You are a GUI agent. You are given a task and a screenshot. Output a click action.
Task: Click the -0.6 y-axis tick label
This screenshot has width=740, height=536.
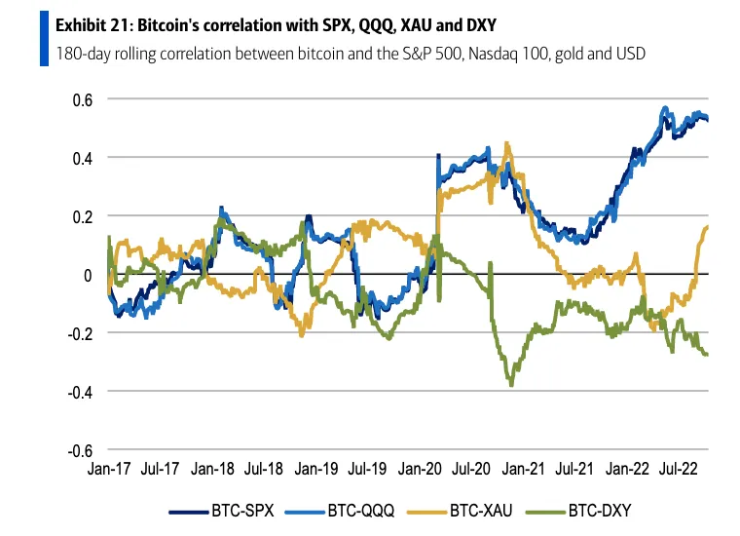pyautogui.click(x=78, y=451)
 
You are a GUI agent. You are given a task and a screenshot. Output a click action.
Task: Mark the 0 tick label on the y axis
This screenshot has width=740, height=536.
pyautogui.click(x=87, y=275)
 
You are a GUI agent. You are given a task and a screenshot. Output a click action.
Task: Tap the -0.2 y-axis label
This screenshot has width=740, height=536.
pyautogui.click(x=78, y=333)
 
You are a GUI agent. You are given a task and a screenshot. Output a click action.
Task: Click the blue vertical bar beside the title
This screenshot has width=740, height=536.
pyautogui.click(x=44, y=37)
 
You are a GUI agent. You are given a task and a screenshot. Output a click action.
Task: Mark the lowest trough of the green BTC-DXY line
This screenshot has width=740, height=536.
pyautogui.click(x=511, y=385)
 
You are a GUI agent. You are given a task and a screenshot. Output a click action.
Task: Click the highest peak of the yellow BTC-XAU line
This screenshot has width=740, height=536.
pyautogui.click(x=507, y=143)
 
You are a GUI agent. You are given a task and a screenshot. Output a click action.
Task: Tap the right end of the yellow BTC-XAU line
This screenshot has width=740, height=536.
pyautogui.click(x=707, y=226)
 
